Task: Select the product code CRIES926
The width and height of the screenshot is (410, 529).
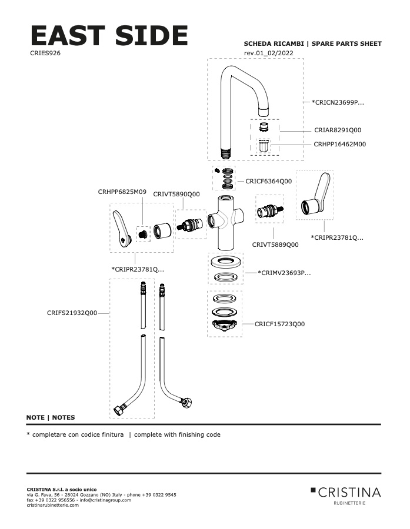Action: point(45,53)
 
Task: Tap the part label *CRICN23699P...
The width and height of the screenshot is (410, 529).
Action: point(337,102)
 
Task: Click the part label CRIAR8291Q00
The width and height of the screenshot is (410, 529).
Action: point(337,130)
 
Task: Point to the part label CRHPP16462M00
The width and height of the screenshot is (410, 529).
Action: point(339,144)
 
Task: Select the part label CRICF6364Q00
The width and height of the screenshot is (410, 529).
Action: point(268,181)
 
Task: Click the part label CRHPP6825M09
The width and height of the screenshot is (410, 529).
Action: point(122,192)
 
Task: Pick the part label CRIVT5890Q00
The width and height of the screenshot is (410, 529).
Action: point(176,194)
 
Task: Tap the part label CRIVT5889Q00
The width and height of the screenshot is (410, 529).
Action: point(275,245)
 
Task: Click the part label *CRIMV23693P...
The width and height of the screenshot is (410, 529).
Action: point(284,273)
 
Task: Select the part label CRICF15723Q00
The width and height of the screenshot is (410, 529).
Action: point(279,324)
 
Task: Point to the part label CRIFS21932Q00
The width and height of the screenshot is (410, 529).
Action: point(72,313)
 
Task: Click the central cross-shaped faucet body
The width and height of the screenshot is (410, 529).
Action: point(226,223)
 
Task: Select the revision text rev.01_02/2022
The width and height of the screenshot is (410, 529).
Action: point(269,53)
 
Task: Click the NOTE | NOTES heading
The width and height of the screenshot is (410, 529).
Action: point(51,417)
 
